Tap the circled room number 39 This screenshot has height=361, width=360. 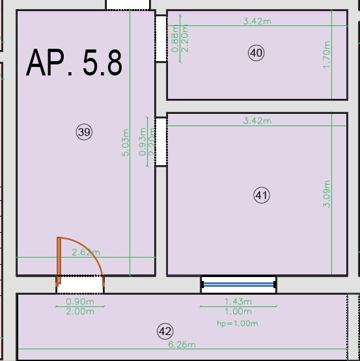pyautogui.click(x=84, y=132)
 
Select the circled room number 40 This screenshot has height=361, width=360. pyautogui.click(x=256, y=53)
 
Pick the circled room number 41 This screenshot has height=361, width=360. pyautogui.click(x=262, y=194)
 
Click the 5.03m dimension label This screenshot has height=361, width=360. pyautogui.click(x=126, y=143)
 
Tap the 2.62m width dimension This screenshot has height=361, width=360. pyautogui.click(x=86, y=252)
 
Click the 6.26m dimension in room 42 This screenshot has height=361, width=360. pyautogui.click(x=182, y=345)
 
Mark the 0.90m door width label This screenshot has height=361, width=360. pyautogui.click(x=81, y=302)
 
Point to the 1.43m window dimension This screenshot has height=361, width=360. pyautogui.click(x=238, y=302)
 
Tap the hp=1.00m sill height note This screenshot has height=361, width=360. pyautogui.click(x=238, y=323)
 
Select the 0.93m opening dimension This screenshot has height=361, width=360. pyautogui.click(x=143, y=141)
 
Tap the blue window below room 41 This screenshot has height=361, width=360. pyautogui.click(x=238, y=284)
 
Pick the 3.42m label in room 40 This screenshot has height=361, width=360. pyautogui.click(x=256, y=21)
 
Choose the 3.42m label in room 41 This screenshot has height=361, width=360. pyautogui.click(x=256, y=120)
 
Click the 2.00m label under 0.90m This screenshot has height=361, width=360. pyautogui.click(x=81, y=312)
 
